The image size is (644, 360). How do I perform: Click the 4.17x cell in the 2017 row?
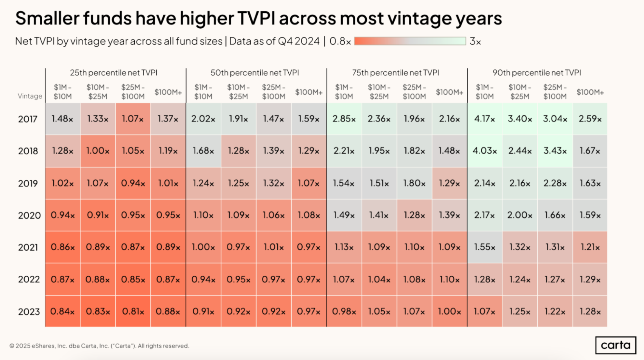[485, 119]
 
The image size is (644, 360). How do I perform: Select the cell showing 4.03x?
[485, 151]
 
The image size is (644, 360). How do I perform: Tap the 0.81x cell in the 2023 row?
[133, 311]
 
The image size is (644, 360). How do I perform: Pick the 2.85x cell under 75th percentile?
[344, 119]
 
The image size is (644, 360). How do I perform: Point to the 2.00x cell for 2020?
[520, 215]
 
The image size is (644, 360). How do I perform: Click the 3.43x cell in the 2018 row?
[555, 151]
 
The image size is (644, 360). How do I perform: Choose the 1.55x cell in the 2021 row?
[485, 247]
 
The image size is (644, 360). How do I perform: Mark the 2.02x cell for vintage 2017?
[203, 119]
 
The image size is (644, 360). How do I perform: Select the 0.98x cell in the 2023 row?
[344, 311]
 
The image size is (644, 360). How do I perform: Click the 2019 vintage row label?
[28, 183]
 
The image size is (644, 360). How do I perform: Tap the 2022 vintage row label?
[29, 279]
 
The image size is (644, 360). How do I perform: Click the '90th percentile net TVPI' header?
[537, 73]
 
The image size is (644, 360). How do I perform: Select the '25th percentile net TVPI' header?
[114, 73]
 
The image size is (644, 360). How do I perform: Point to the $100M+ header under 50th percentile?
[309, 92]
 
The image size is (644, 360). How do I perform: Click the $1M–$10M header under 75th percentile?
[344, 92]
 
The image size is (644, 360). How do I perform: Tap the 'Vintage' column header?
[30, 96]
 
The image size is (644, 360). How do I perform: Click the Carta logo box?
[616, 345]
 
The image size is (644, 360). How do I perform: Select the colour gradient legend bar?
[410, 41]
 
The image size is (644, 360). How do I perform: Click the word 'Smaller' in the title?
[47, 18]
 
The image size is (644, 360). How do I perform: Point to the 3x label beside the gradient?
[475, 41]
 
